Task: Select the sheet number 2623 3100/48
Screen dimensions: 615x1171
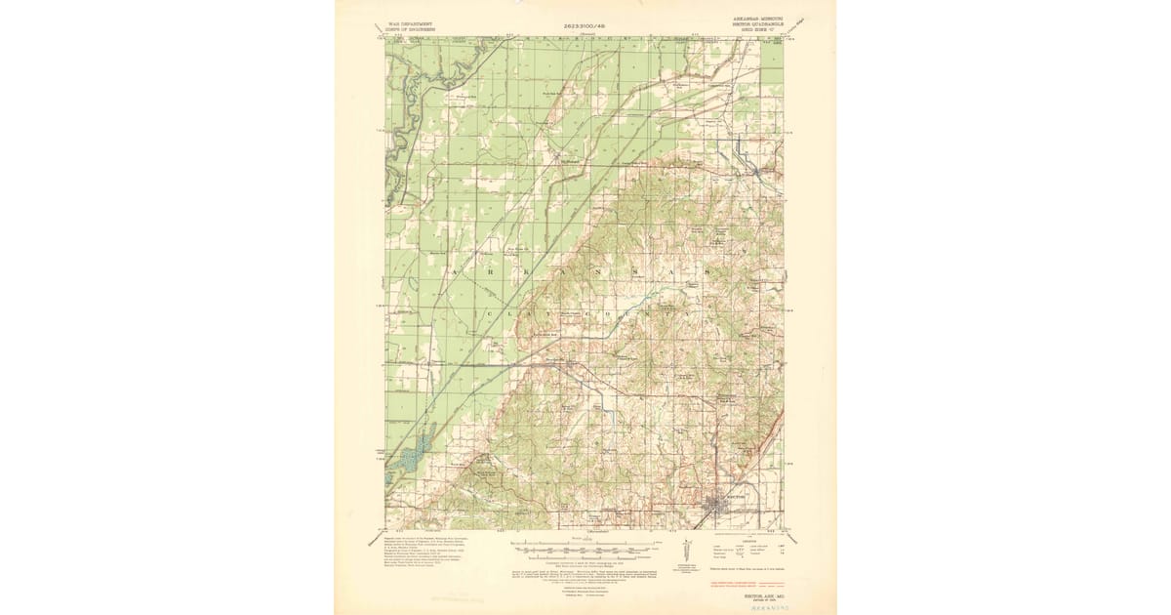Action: pos(585,23)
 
